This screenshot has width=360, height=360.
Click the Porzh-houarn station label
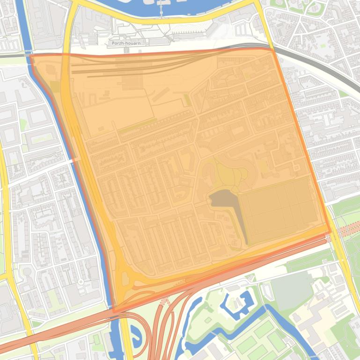point(126,43)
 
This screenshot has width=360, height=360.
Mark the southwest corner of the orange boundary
point(113,311)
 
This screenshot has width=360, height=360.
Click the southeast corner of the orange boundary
point(330,231)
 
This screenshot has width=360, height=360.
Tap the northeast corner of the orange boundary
point(272,49)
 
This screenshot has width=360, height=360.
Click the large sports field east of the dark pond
point(279,208)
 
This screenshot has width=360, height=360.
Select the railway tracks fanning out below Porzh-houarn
point(140,65)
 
